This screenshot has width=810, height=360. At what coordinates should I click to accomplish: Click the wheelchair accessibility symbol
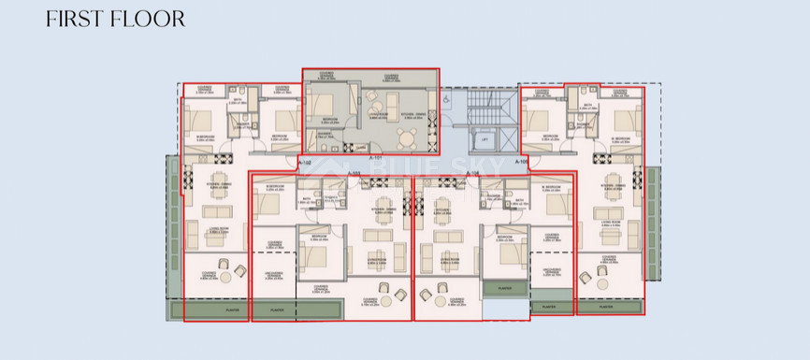[x=447, y=98]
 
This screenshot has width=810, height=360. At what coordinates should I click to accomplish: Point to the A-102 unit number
[x=304, y=163]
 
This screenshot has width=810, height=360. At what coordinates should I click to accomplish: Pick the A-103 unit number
[x=354, y=173]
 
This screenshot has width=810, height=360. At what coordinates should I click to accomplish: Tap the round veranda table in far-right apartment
[x=600, y=273]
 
